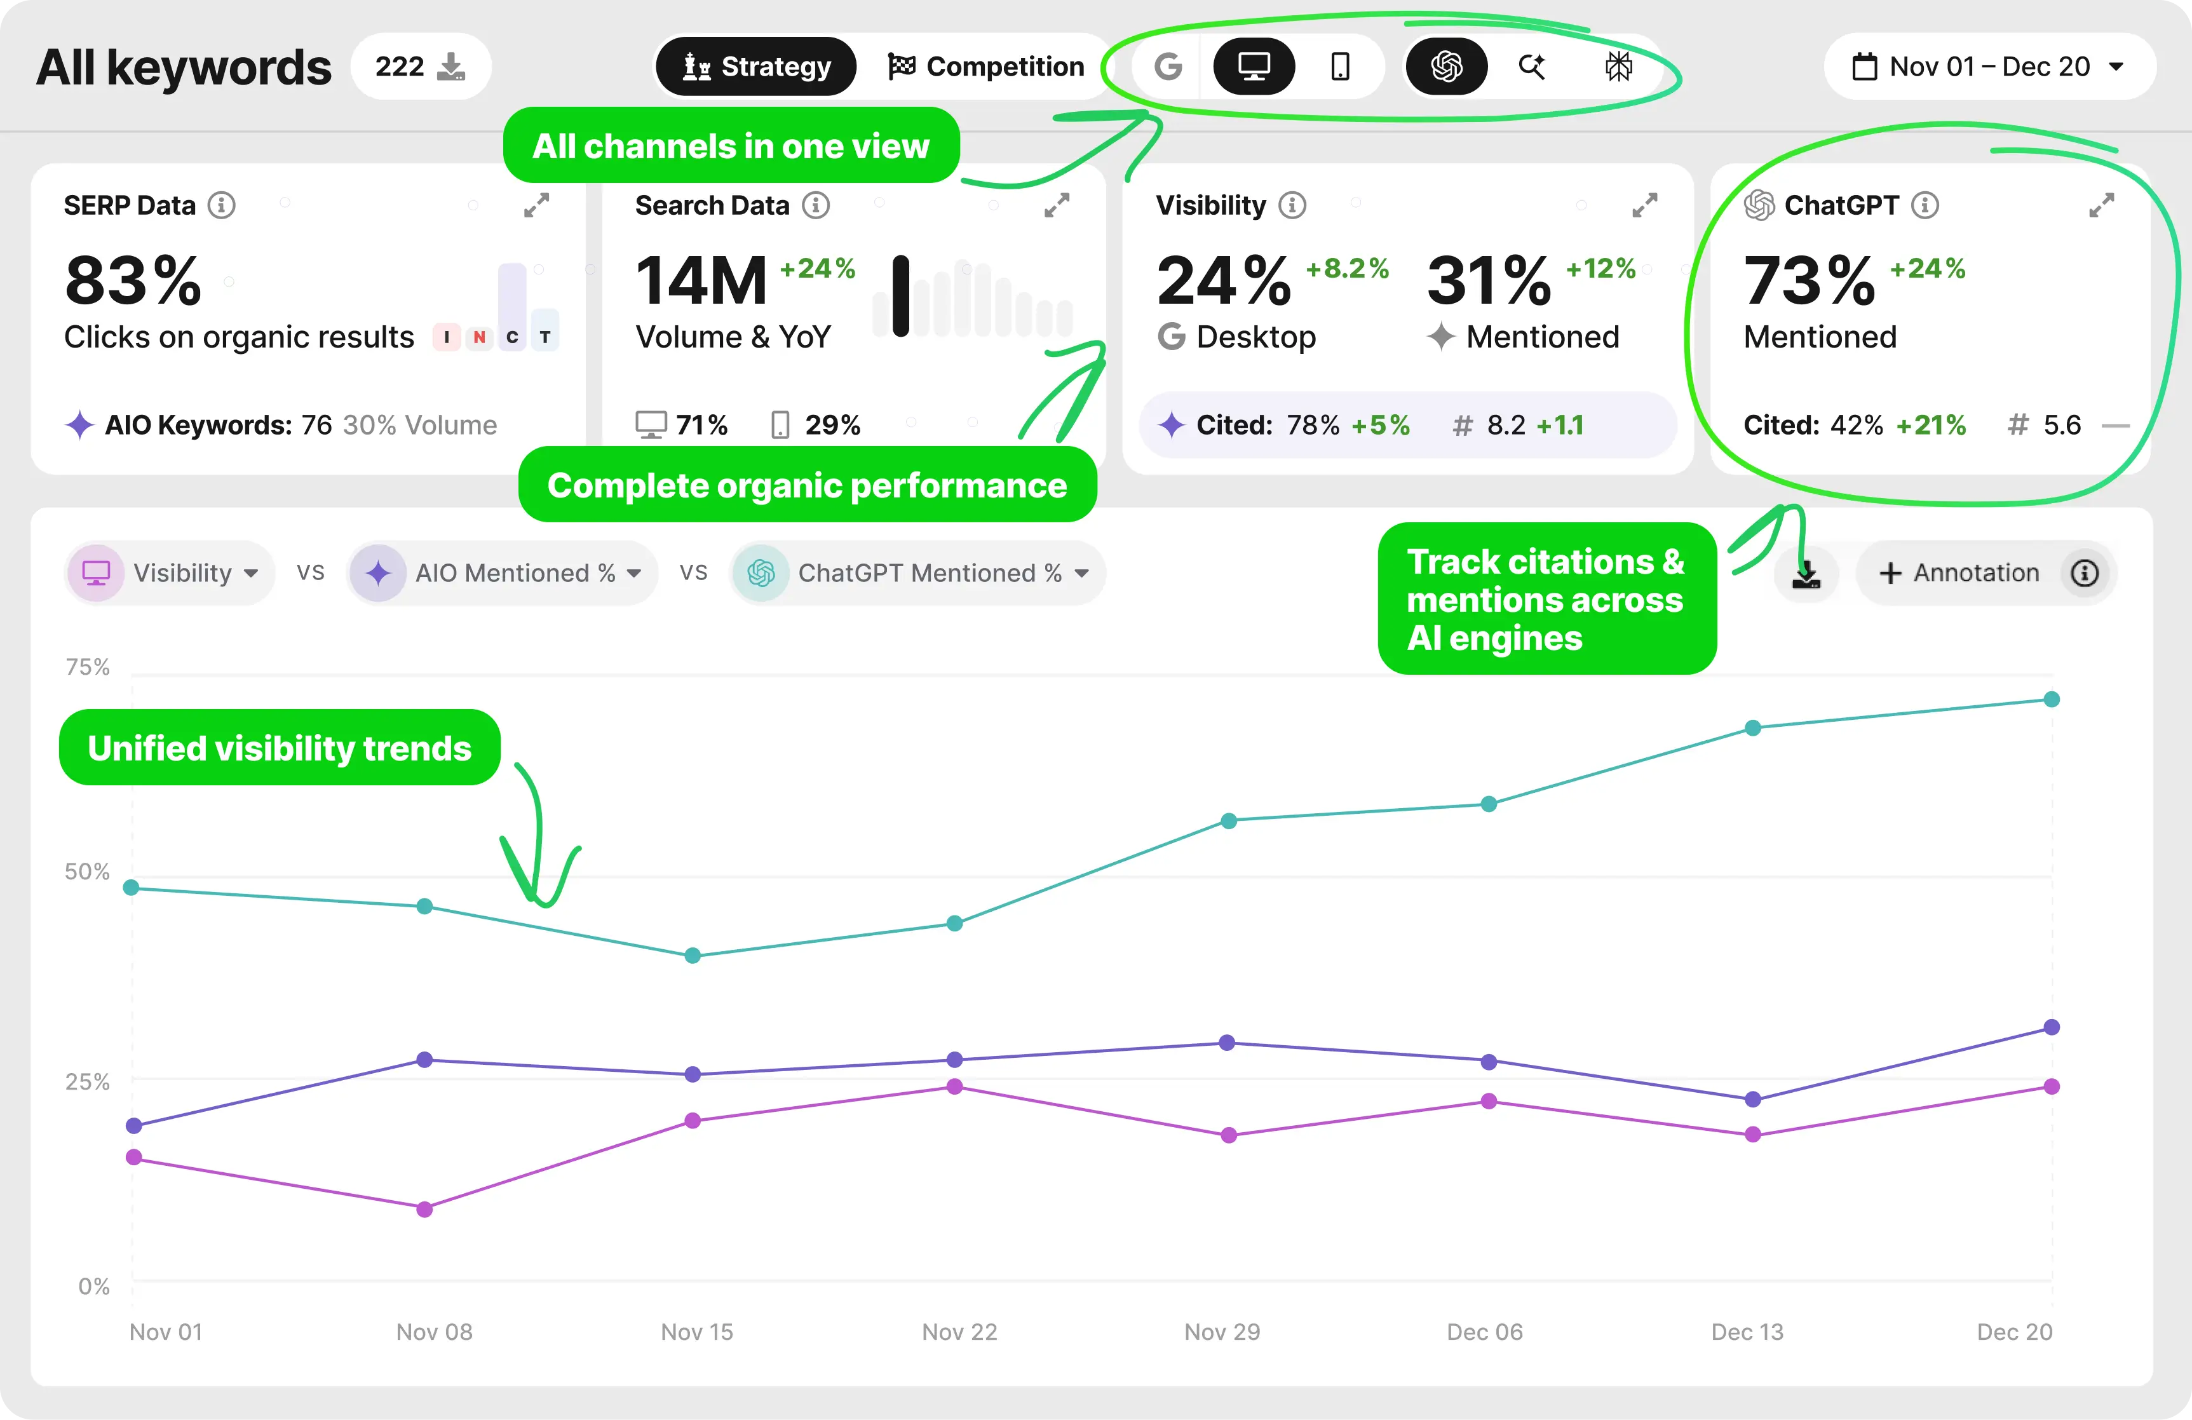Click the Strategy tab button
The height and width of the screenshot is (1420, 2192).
[x=755, y=66]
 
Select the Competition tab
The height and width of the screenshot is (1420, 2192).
[x=985, y=66]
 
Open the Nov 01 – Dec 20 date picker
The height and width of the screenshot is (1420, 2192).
[x=1989, y=66]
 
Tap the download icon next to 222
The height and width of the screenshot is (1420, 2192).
[x=450, y=66]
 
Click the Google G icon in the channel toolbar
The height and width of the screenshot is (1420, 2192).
[x=1168, y=66]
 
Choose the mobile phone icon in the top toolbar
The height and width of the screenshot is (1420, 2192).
[x=1340, y=66]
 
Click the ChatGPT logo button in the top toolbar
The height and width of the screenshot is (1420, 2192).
[x=1446, y=66]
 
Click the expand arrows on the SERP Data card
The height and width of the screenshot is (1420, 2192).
[x=536, y=205]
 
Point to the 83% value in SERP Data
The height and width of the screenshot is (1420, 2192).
[x=133, y=280]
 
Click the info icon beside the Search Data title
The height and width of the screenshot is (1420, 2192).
[x=815, y=205]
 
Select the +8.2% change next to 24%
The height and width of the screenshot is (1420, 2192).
[x=1346, y=268]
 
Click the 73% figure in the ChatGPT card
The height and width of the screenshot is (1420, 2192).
[x=1809, y=280]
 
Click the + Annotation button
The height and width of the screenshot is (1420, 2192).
[x=1959, y=573]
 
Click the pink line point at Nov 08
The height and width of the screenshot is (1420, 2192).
[x=424, y=1209]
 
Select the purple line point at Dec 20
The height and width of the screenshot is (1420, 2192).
[x=2051, y=1027]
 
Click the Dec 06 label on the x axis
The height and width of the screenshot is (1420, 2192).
[x=1484, y=1332]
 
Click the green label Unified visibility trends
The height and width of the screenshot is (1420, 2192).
[x=279, y=748]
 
